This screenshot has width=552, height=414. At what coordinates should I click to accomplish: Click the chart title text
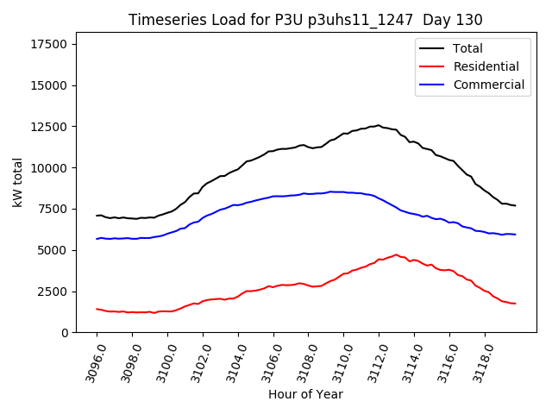305,20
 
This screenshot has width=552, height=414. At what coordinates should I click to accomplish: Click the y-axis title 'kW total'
18,182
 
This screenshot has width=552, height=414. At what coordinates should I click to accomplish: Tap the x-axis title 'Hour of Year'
305,394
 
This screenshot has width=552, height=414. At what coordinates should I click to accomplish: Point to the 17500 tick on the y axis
52,45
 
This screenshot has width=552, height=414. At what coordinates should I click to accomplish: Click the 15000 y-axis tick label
52,85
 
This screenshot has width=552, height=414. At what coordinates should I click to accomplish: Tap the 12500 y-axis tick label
52,127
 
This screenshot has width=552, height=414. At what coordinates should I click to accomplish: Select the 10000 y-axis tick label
52,168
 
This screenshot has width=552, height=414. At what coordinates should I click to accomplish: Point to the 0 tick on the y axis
66,333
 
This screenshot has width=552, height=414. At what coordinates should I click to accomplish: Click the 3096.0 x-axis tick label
91,361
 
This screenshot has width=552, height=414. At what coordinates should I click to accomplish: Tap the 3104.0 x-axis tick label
232,361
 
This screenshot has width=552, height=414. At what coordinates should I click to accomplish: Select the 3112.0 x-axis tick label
373,361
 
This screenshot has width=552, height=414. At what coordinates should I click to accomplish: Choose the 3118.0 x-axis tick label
479,361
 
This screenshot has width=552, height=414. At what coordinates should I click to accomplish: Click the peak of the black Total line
378,125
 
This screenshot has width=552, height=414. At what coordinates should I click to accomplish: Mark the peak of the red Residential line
397,254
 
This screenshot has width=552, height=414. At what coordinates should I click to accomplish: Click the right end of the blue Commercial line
515,235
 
